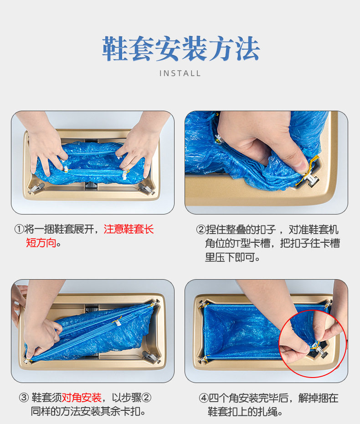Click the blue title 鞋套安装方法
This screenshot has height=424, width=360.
180,49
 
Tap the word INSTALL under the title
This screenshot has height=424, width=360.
180,73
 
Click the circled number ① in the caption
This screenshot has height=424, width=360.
19,230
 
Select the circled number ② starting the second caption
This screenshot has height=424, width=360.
201,230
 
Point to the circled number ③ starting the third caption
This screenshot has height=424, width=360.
24,398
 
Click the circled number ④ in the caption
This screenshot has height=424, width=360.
203,398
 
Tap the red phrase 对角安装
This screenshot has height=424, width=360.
82,398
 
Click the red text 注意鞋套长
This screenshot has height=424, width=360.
129,230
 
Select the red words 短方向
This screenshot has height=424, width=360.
41,243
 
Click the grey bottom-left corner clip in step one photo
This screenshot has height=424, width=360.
37,187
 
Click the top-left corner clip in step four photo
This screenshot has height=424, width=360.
203,304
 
